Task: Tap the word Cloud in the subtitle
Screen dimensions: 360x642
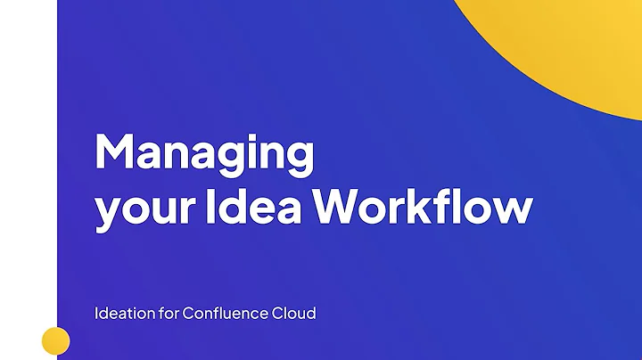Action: pyautogui.click(x=294, y=314)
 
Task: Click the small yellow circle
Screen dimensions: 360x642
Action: pyautogui.click(x=56, y=340)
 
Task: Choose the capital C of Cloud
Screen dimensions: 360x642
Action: pyautogui.click(x=279, y=314)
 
